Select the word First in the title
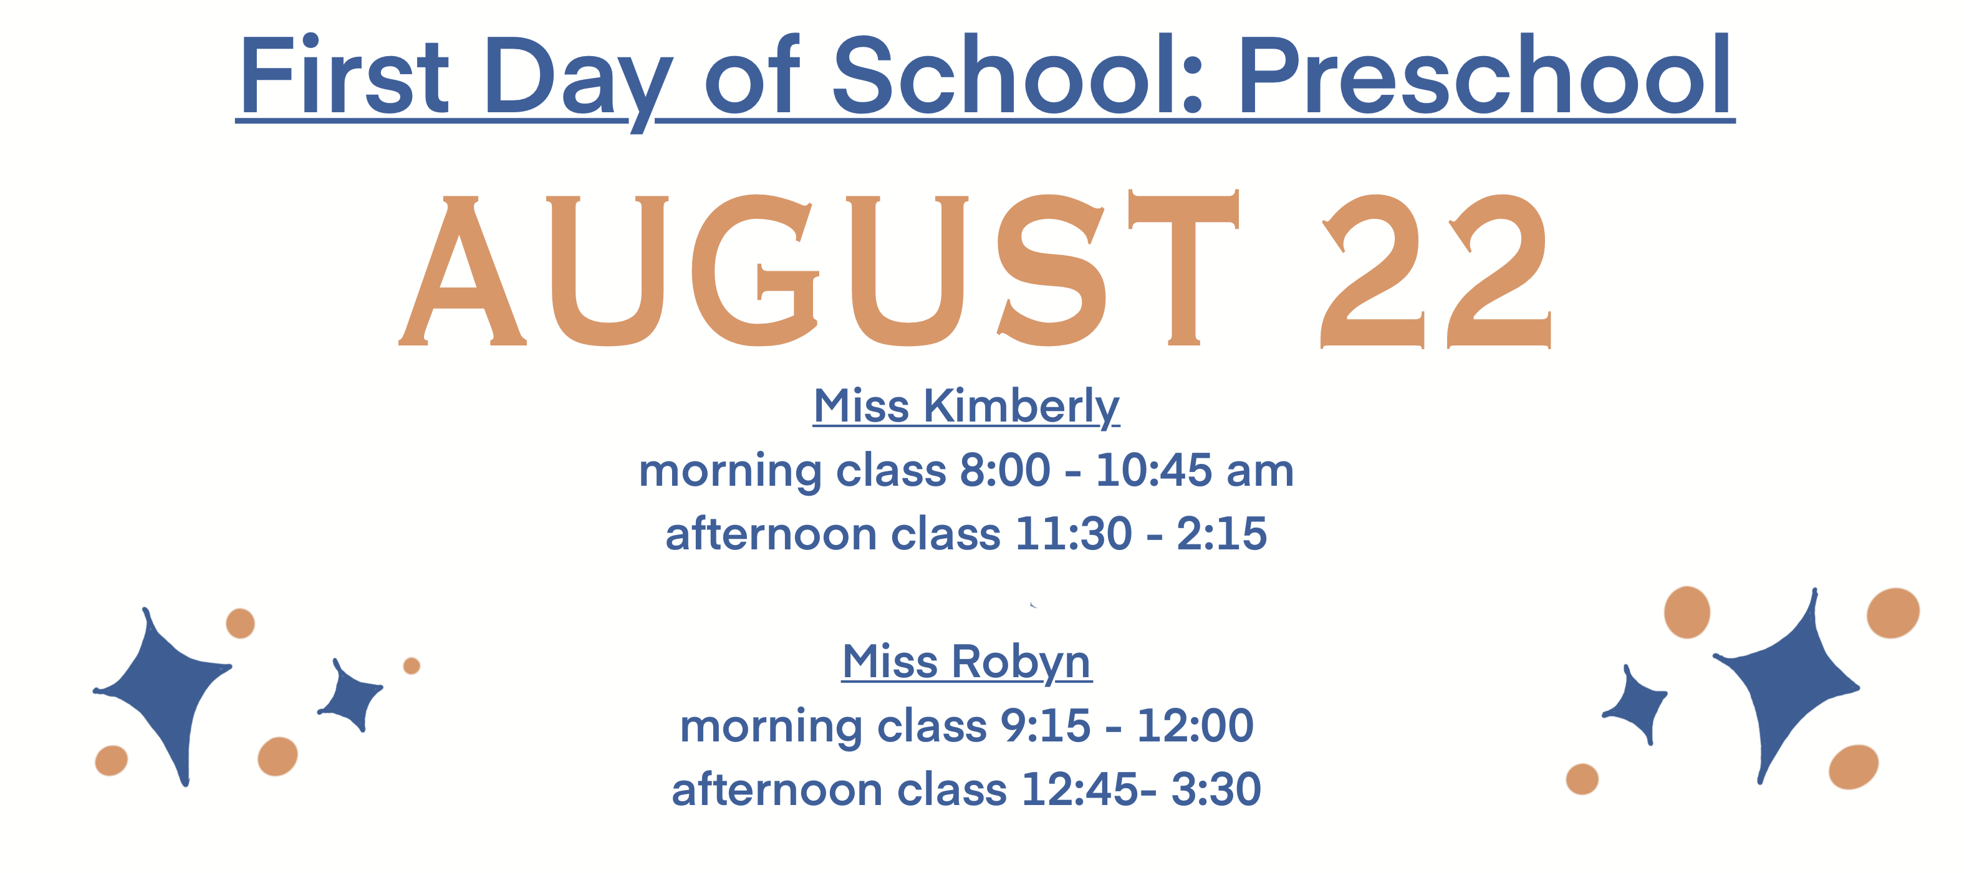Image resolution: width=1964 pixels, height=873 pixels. click(x=345, y=75)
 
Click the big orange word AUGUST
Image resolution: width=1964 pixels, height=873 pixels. click(x=819, y=268)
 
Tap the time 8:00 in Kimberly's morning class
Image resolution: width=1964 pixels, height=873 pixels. click(x=1005, y=470)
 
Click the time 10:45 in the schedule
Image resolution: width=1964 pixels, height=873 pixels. click(x=1153, y=470)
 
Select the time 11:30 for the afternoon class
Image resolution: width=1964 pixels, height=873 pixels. click(x=1074, y=533)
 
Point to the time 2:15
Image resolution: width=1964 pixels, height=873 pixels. click(x=1221, y=533)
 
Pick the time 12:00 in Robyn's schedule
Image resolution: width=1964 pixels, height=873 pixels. click(x=1195, y=725)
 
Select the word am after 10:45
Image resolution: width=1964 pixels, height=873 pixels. click(x=1260, y=473)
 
